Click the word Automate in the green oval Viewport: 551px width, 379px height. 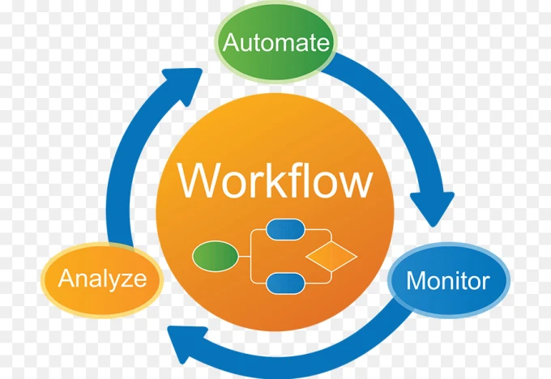pos(275,42)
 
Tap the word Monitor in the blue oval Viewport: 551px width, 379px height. pos(447,281)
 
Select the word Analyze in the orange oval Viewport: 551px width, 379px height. pos(102,279)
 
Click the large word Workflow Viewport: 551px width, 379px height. pos(275,181)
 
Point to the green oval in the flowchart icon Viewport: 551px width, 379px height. pos(215,256)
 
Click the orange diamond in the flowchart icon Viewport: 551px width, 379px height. pos(331,256)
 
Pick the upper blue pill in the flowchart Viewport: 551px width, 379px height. pos(285,229)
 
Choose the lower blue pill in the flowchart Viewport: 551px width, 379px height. pos(285,283)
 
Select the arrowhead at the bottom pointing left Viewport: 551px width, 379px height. pos(186,343)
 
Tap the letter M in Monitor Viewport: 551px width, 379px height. pos(416,281)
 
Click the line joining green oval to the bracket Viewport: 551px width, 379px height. pos(244,257)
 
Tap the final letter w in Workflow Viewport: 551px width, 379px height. pos(354,185)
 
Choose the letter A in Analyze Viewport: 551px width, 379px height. pos(66,278)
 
